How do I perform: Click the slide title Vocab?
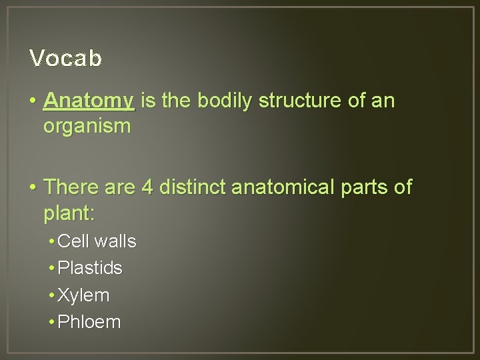[65, 59]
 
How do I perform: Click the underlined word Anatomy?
[89, 101]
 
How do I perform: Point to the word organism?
[87, 127]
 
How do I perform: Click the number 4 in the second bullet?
[147, 188]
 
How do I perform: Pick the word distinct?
[192, 188]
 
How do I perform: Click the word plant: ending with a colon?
[69, 214]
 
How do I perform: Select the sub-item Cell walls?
[97, 241]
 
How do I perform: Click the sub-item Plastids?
[91, 268]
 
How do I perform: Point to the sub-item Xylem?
[84, 295]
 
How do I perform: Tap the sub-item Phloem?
[90, 322]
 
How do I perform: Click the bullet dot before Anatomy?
[33, 102]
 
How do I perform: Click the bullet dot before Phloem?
[51, 323]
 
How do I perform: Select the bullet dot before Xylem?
[51, 295]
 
